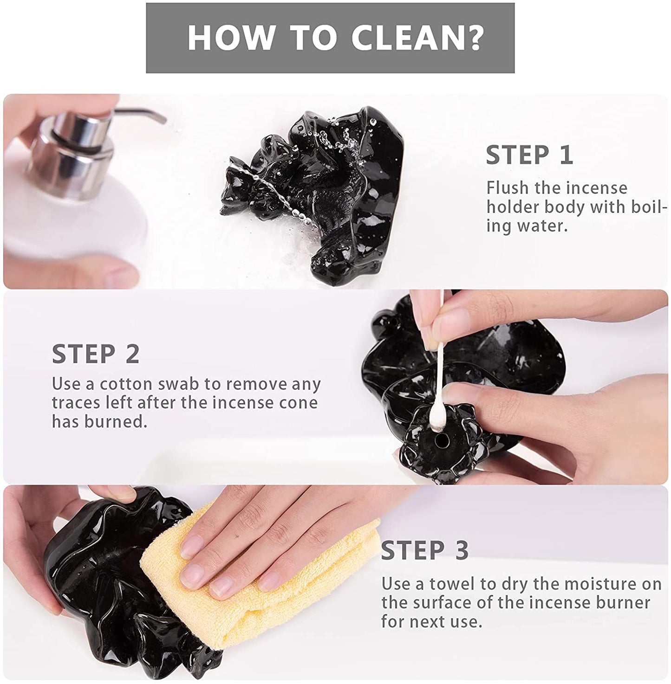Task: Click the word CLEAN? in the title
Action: [417, 38]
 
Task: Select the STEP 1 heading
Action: [529, 155]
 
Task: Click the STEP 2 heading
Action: [96, 354]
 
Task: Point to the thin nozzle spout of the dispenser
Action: [140, 114]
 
